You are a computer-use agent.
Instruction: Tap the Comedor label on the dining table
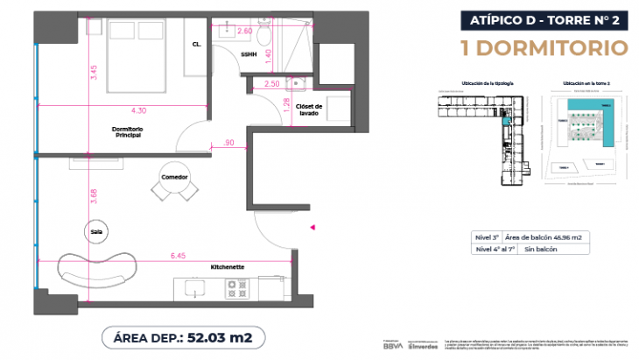pos(174,176)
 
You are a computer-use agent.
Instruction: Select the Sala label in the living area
pos(96,231)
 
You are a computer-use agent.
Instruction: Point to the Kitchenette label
pos(227,265)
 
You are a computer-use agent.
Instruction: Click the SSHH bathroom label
pos(249,54)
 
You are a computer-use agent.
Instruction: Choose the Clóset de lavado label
pos(310,109)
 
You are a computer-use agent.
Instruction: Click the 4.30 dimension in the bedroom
pos(138,111)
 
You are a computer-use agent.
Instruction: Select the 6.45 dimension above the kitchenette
pos(178,257)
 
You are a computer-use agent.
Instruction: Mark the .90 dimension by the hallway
pos(229,142)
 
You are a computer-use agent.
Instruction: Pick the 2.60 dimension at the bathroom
pos(246,31)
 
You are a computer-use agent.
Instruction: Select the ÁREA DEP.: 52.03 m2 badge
pos(183,335)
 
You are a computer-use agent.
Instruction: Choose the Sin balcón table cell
pos(541,249)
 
